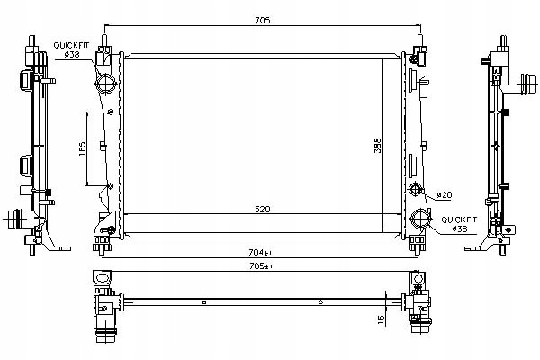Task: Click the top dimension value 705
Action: tap(263, 21)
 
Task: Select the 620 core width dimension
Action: tap(263, 209)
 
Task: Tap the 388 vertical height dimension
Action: tap(378, 146)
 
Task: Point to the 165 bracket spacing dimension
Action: tap(82, 148)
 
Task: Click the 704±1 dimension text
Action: tap(260, 253)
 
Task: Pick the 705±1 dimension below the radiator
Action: tap(260, 266)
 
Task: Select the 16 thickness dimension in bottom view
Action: tap(382, 319)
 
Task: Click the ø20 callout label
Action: tap(445, 195)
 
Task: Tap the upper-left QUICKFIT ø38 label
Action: tap(71, 49)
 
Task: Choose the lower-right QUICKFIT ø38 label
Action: tap(459, 224)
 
